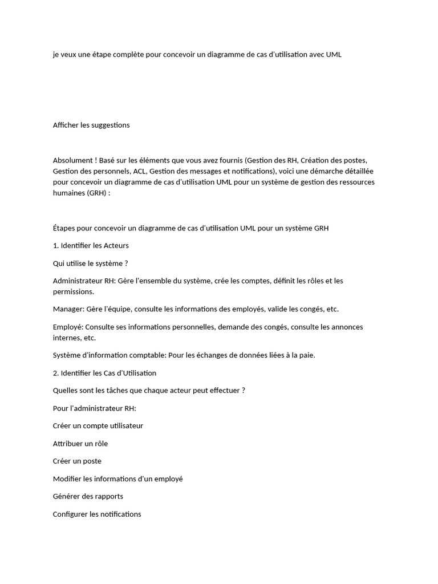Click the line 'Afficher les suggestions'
[91, 125]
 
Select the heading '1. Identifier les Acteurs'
[91, 246]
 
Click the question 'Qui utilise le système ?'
[90, 263]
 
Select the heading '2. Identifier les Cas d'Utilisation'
[104, 373]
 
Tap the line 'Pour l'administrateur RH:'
[95, 408]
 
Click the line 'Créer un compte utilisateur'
[98, 426]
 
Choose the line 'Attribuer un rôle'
[80, 444]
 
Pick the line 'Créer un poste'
[77, 461]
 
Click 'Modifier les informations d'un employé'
[118, 479]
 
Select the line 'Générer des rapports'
[88, 496]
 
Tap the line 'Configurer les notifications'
[97, 514]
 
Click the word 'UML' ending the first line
[334, 55]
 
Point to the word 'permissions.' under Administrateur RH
[74, 291]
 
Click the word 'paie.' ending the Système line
[306, 355]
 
